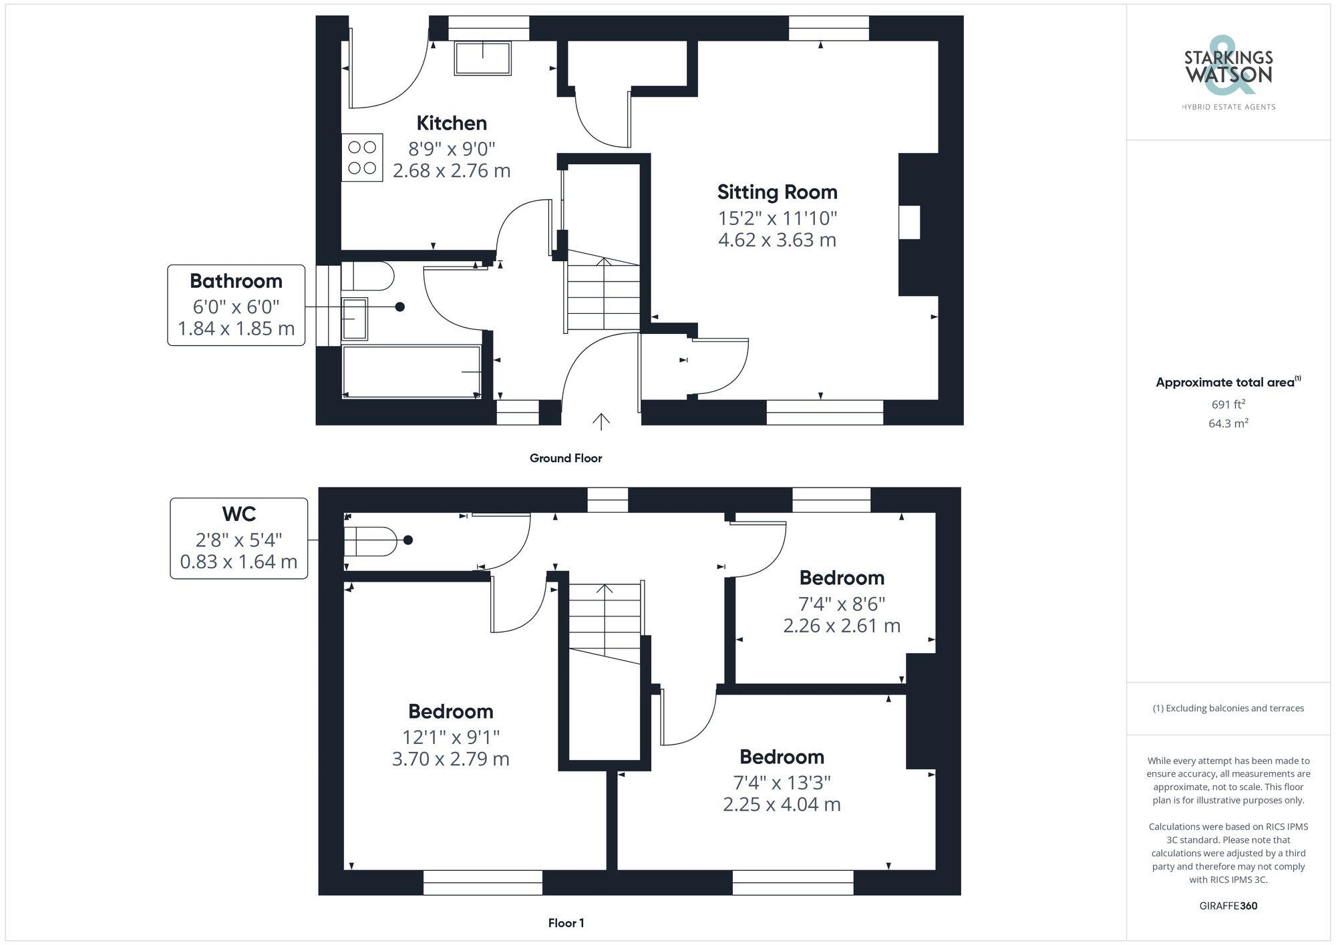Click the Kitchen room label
tap(452, 124)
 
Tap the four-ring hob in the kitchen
tap(362, 158)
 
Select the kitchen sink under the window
tap(482, 58)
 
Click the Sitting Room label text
tap(777, 192)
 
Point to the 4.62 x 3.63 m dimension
tap(777, 240)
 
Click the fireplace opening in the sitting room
tap(909, 222)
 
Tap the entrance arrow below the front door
tap(601, 421)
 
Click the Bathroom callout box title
tap(236, 281)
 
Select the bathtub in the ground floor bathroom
tap(411, 371)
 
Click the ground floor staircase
tap(603, 294)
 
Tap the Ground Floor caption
tap(566, 458)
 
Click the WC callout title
tap(238, 514)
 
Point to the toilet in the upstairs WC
tap(371, 541)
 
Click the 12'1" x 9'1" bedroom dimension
tap(451, 737)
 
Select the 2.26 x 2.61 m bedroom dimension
tap(842, 626)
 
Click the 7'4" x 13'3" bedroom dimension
tap(782, 782)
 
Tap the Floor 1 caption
tap(566, 923)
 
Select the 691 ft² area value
tap(1228, 404)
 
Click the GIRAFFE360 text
tap(1228, 906)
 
